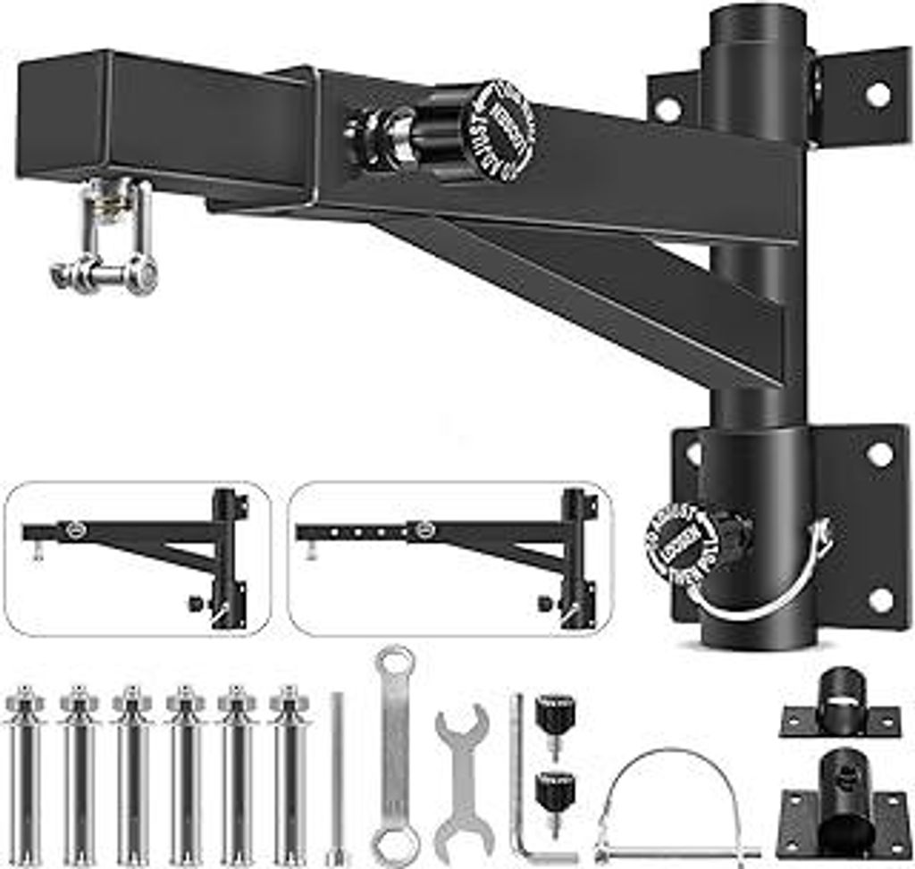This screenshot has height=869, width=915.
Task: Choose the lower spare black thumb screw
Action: point(555,798)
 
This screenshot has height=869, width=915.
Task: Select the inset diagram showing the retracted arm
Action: point(138,558)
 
